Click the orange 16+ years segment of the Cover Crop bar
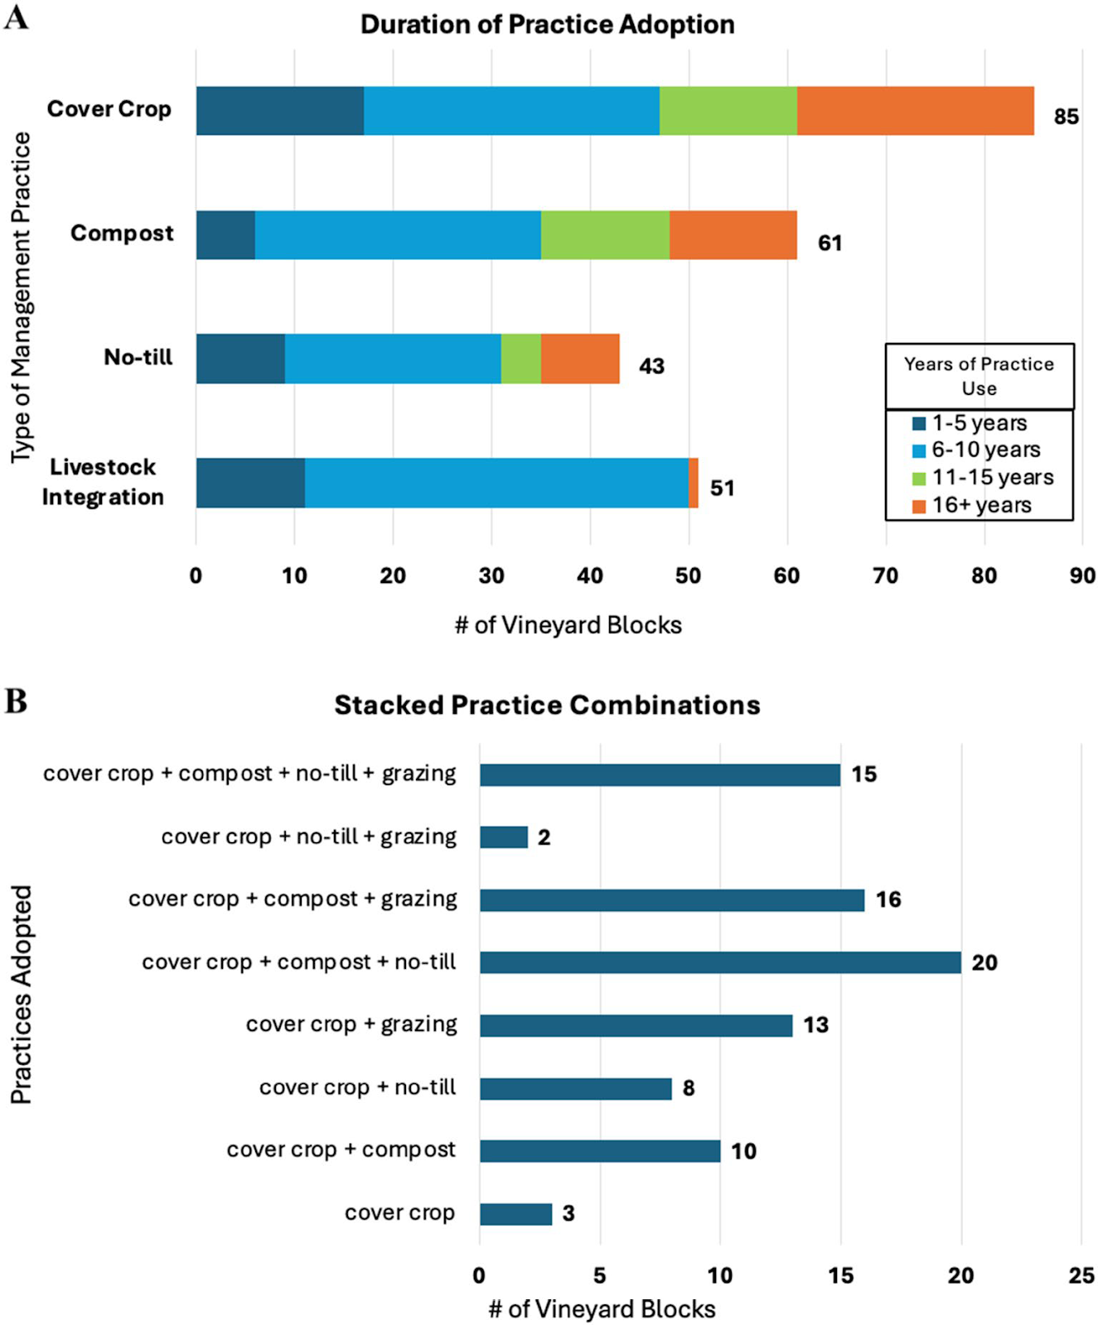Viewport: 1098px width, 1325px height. click(x=915, y=111)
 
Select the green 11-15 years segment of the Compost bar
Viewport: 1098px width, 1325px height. click(x=605, y=235)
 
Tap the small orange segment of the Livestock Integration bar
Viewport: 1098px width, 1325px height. click(x=694, y=483)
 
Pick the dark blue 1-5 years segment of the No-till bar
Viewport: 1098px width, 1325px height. click(x=240, y=359)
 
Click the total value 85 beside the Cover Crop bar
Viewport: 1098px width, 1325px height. click(x=1066, y=117)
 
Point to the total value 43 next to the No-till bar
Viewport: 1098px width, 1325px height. click(x=651, y=366)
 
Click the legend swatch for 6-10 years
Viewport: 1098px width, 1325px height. click(x=918, y=450)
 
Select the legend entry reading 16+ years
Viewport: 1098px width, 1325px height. click(x=981, y=505)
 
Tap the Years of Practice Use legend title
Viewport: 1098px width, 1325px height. click(x=979, y=376)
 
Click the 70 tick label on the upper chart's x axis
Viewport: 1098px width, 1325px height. click(x=885, y=576)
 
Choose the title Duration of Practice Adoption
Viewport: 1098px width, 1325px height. click(x=547, y=24)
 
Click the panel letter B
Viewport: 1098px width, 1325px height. click(x=16, y=701)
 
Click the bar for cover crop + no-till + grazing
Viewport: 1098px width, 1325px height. click(x=503, y=837)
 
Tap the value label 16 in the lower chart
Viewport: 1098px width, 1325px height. click(x=888, y=899)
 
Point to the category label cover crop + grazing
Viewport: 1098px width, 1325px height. click(x=351, y=1024)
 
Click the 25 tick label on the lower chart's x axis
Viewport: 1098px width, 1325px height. click(x=1081, y=1275)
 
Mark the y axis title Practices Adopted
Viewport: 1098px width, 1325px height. click(x=21, y=994)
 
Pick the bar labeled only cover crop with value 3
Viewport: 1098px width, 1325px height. click(x=515, y=1214)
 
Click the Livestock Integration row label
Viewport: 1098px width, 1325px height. click(x=103, y=482)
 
